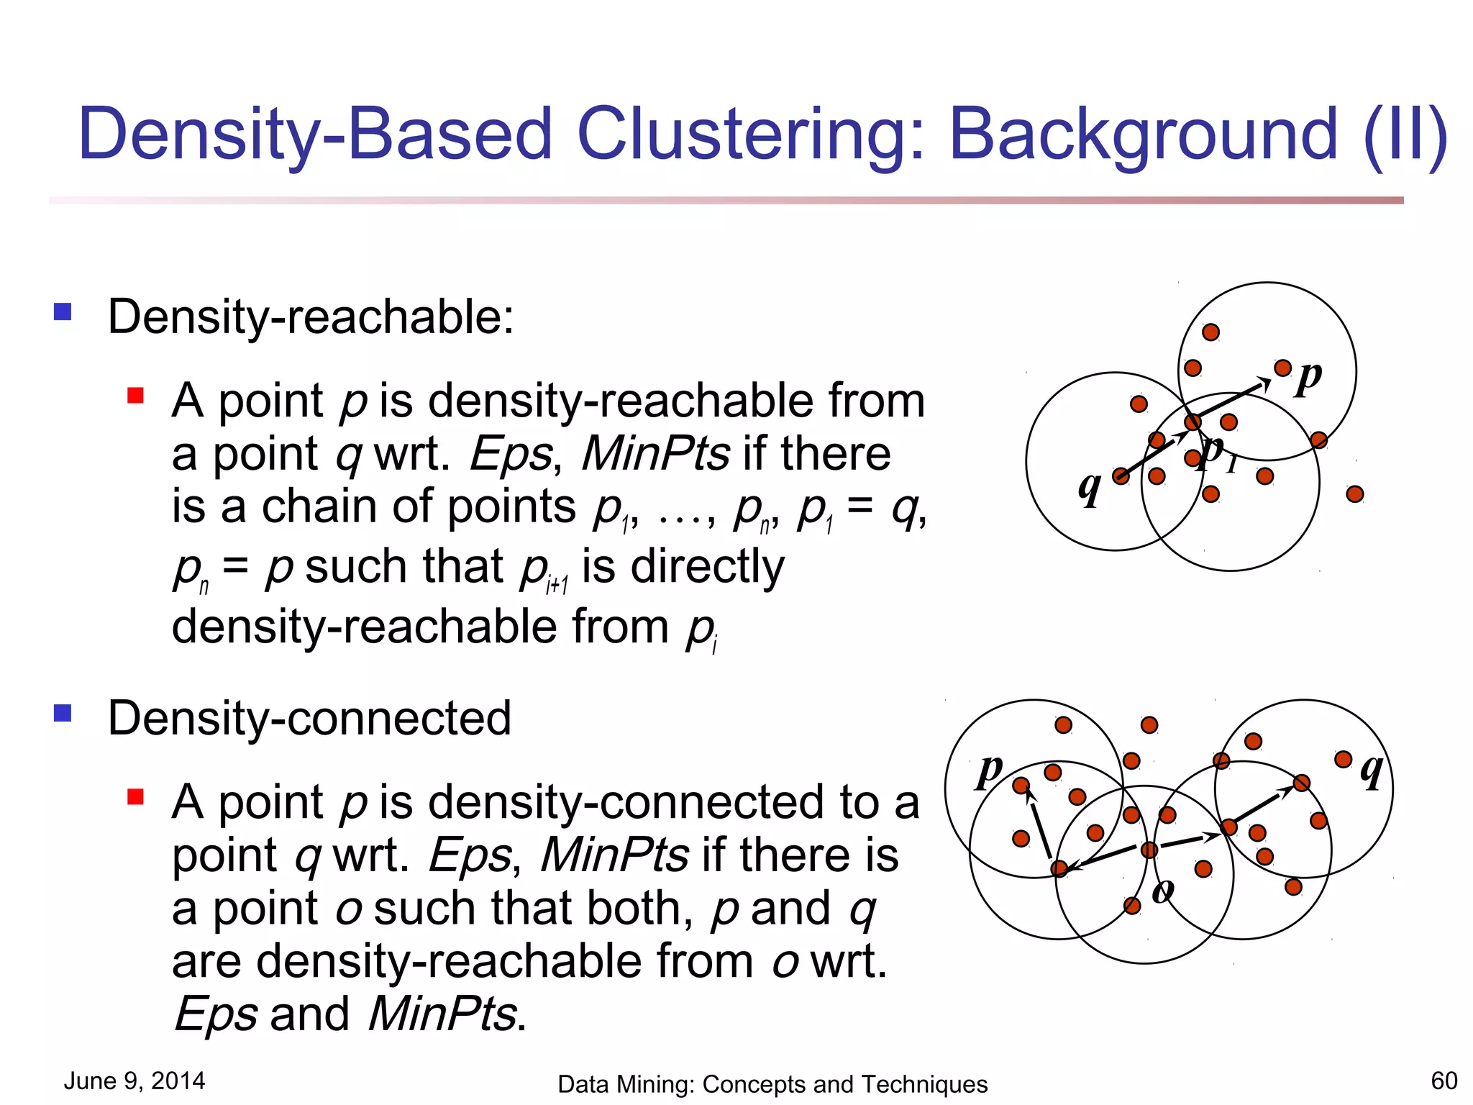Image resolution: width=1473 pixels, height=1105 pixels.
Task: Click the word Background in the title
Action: (x=1143, y=135)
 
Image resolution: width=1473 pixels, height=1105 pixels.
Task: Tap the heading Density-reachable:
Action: (x=311, y=317)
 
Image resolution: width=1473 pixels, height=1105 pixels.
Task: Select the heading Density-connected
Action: (x=309, y=718)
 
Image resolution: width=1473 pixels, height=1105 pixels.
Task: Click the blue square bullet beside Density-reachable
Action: (x=63, y=312)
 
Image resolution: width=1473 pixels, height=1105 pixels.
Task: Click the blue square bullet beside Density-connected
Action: (x=63, y=713)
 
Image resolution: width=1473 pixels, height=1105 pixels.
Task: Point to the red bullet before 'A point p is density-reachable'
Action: (x=135, y=396)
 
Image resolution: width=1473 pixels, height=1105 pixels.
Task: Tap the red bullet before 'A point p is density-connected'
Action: (x=135, y=797)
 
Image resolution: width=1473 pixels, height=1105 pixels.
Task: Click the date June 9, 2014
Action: (x=134, y=1081)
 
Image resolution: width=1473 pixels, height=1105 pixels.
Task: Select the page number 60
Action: (x=1444, y=1081)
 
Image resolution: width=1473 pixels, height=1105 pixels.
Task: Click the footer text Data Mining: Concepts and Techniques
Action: (x=772, y=1084)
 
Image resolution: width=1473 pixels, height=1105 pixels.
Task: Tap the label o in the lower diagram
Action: (x=1163, y=891)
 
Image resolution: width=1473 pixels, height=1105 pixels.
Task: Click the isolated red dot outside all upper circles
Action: (x=1355, y=494)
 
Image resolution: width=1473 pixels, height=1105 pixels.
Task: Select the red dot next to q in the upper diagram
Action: (x=1121, y=476)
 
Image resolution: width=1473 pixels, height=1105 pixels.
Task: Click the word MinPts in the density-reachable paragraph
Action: (x=655, y=454)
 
